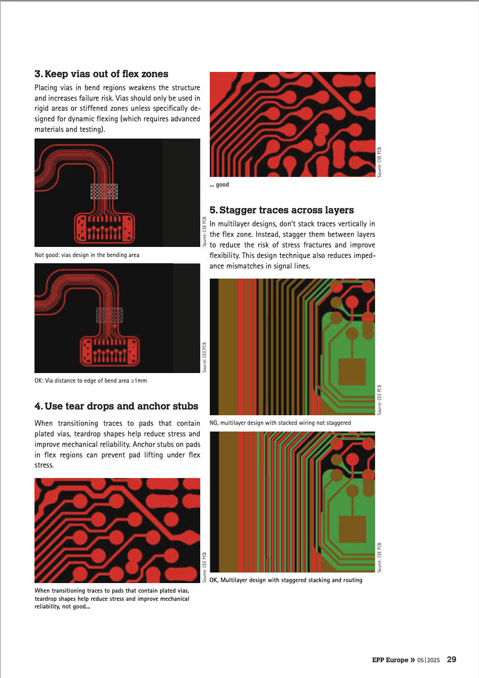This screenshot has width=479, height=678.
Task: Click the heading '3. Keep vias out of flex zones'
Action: click(x=101, y=74)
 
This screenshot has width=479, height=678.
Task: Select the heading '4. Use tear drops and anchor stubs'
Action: click(x=116, y=406)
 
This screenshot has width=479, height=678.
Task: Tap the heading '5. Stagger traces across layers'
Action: click(x=282, y=210)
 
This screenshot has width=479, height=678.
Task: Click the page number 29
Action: click(x=452, y=659)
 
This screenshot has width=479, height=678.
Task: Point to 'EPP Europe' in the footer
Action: click(x=390, y=660)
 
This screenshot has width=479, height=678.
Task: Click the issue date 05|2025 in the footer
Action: click(x=429, y=660)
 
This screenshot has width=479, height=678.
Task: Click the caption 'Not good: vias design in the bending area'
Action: click(x=87, y=255)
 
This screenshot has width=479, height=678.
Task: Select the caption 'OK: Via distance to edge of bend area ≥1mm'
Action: click(x=91, y=380)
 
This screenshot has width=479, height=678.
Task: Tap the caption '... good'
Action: click(x=219, y=185)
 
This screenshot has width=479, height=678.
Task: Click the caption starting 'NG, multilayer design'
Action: click(x=280, y=423)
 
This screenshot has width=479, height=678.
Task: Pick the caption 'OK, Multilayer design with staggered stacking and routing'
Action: click(x=286, y=580)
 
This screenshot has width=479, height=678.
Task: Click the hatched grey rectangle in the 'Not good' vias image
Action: click(x=104, y=191)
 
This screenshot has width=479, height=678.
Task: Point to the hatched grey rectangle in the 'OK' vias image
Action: click(x=110, y=315)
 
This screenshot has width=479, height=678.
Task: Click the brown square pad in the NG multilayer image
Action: click(x=352, y=372)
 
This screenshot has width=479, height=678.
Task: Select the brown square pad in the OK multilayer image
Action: click(x=353, y=529)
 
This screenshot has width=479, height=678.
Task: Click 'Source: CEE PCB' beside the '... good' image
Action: click(x=379, y=162)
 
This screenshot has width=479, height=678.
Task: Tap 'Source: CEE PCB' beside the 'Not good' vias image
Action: click(x=205, y=232)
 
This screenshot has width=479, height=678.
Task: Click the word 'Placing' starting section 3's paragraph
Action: click(x=46, y=88)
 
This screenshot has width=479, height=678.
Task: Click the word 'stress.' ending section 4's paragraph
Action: click(x=44, y=465)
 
